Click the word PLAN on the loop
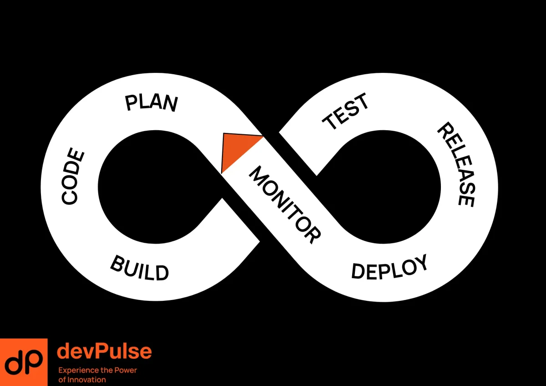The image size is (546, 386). pyautogui.click(x=152, y=103)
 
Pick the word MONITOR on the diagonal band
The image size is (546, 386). pyautogui.click(x=285, y=204)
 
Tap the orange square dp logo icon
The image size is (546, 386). pyautogui.click(x=24, y=362)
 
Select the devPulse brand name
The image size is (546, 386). pyautogui.click(x=105, y=351)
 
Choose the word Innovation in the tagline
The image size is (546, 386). pyautogui.click(x=86, y=379)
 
